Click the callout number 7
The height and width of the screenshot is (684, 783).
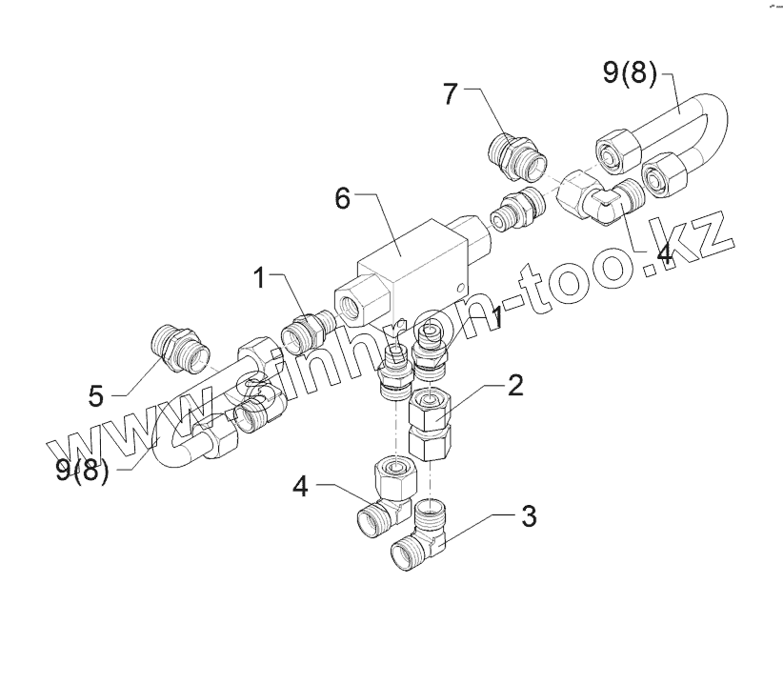[x=451, y=95]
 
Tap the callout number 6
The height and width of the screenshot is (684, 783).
[x=344, y=200]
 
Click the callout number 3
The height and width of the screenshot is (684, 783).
[x=528, y=517]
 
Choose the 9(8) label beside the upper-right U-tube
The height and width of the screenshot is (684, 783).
[x=630, y=74]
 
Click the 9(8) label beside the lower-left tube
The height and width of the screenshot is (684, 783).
[x=82, y=469]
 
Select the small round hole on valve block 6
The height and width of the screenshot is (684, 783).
[x=461, y=287]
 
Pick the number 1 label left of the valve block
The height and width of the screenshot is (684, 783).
[x=258, y=278]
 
